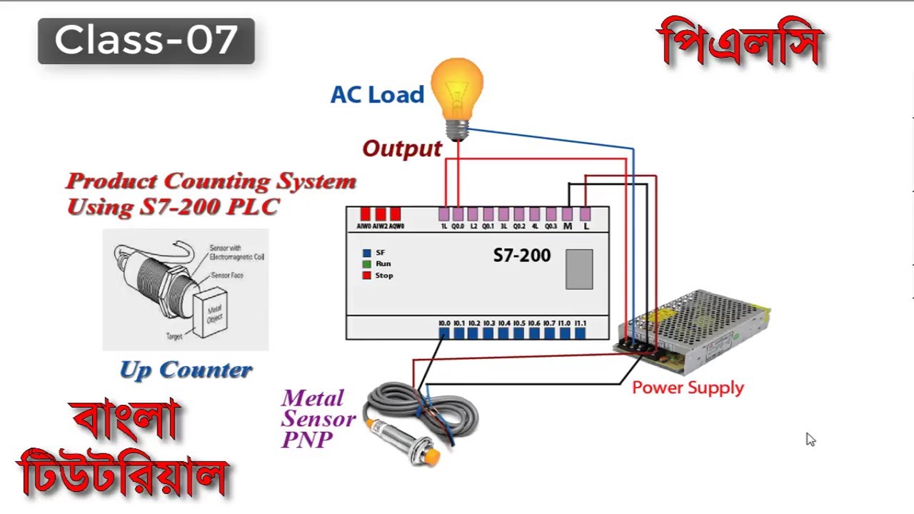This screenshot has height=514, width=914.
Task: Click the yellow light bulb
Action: pyautogui.click(x=457, y=89)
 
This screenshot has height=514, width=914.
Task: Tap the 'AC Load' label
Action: pyautogui.click(x=377, y=95)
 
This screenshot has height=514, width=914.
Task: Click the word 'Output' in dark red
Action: pyautogui.click(x=402, y=148)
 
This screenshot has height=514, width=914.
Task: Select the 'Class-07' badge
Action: pyautogui.click(x=146, y=41)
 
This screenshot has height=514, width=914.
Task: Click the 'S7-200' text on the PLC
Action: pyautogui.click(x=522, y=256)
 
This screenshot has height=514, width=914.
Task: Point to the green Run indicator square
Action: pyautogui.click(x=367, y=264)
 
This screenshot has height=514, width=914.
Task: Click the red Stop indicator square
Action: pyautogui.click(x=367, y=276)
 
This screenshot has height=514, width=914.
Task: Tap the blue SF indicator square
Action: pyautogui.click(x=367, y=253)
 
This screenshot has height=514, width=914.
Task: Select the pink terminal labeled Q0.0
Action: pyautogui.click(x=458, y=214)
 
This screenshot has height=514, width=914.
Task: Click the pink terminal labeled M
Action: pyautogui.click(x=567, y=214)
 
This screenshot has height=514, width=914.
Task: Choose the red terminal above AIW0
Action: pyautogui.click(x=365, y=214)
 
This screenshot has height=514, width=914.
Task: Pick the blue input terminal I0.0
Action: pyautogui.click(x=444, y=333)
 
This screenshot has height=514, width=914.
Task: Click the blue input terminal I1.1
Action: pyautogui.click(x=580, y=333)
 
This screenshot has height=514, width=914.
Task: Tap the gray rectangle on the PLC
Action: pyautogui.click(x=579, y=269)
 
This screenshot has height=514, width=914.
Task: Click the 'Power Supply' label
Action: pyautogui.click(x=688, y=388)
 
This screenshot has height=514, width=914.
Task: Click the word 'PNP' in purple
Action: pyautogui.click(x=307, y=440)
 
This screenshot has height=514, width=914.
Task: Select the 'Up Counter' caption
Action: pyautogui.click(x=186, y=370)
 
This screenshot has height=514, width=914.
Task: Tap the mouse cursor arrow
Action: pyautogui.click(x=810, y=438)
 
